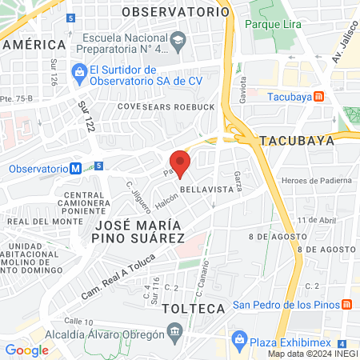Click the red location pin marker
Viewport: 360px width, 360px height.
(180, 163)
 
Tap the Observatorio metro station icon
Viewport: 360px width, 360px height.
(74, 169)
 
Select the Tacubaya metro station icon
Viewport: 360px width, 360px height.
(318, 97)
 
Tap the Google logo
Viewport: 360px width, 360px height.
(27, 350)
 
